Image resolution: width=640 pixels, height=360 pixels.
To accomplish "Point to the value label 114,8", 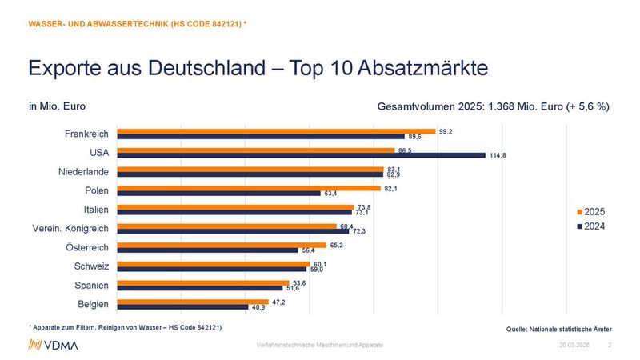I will (x=498, y=155).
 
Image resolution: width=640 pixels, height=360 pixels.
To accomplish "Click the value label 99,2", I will (x=446, y=130).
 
